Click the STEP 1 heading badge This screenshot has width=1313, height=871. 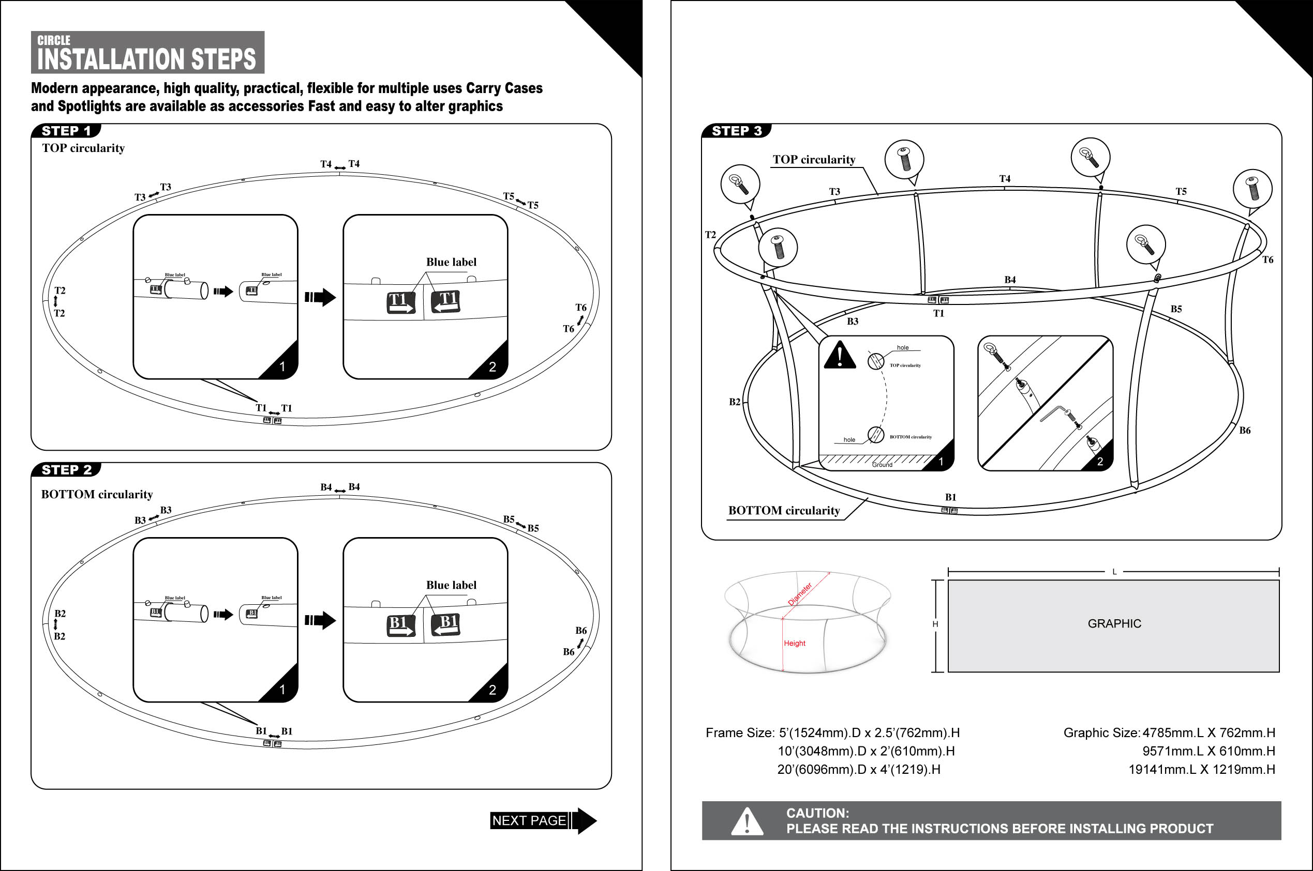click(x=66, y=131)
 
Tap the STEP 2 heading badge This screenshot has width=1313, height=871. click(x=66, y=470)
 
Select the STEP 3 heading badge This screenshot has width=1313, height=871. click(x=737, y=131)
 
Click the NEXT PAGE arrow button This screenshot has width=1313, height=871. click(x=543, y=820)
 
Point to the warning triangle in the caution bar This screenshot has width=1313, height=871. click(x=747, y=821)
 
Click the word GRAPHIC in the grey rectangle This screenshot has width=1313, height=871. click(x=1114, y=624)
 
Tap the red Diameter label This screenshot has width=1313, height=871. click(x=800, y=594)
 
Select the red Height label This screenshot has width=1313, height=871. click(x=794, y=643)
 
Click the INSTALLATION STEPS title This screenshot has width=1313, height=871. click(x=146, y=59)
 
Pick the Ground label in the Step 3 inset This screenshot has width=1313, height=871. click(x=882, y=464)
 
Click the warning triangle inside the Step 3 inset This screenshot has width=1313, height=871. click(x=840, y=356)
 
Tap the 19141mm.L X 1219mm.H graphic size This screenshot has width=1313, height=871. click(x=1201, y=769)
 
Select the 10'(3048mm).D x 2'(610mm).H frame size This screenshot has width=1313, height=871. click(x=866, y=751)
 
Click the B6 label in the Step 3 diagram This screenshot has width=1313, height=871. click(x=1245, y=431)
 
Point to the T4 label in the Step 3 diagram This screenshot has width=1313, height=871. click(x=1005, y=179)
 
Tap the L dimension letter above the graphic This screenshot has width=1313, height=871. click(x=1114, y=572)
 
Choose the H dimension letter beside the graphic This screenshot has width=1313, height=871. click(x=935, y=624)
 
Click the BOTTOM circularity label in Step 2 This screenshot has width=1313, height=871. click(x=97, y=494)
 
